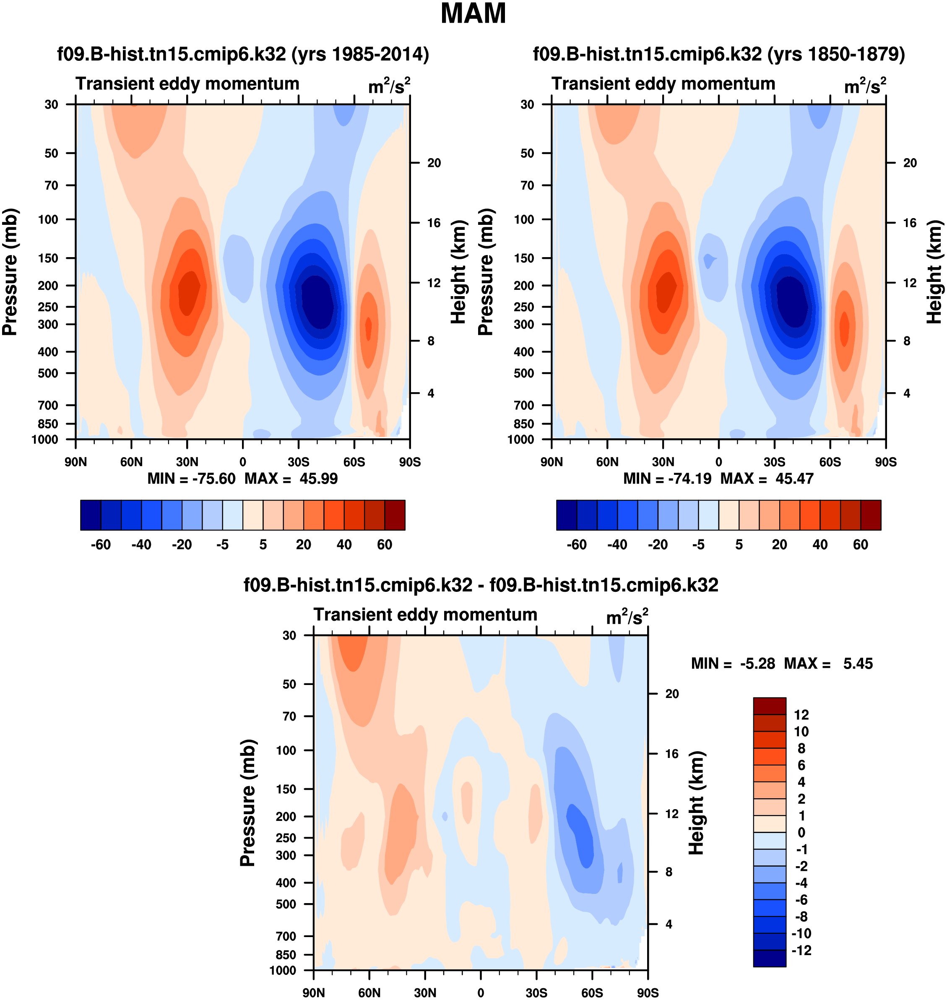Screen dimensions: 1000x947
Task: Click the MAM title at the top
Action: click(473, 13)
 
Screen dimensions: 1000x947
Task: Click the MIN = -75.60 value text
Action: click(191, 478)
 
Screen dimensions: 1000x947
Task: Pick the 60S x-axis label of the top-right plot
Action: click(830, 462)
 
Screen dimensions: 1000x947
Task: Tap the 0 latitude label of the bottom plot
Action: click(481, 992)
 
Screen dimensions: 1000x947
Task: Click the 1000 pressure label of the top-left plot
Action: click(45, 439)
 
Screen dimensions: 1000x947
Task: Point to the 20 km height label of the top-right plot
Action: click(910, 163)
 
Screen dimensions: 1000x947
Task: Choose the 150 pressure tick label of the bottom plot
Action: click(286, 789)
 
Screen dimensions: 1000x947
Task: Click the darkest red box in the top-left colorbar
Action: click(395, 515)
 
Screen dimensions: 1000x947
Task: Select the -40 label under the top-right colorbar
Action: click(617, 545)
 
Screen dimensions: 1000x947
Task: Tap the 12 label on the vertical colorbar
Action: click(801, 715)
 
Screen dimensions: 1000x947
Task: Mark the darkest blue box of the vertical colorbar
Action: click(769, 958)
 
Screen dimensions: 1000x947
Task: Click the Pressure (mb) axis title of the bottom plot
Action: click(248, 802)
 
